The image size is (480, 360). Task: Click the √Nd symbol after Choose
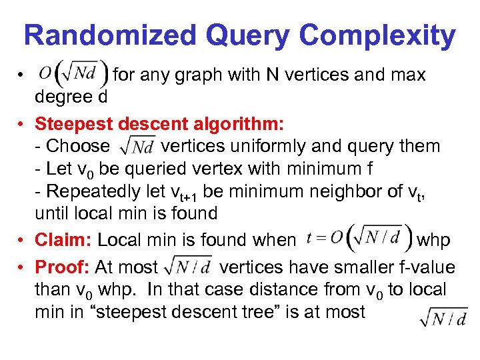[137, 145]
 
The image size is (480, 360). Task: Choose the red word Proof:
[63, 267]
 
